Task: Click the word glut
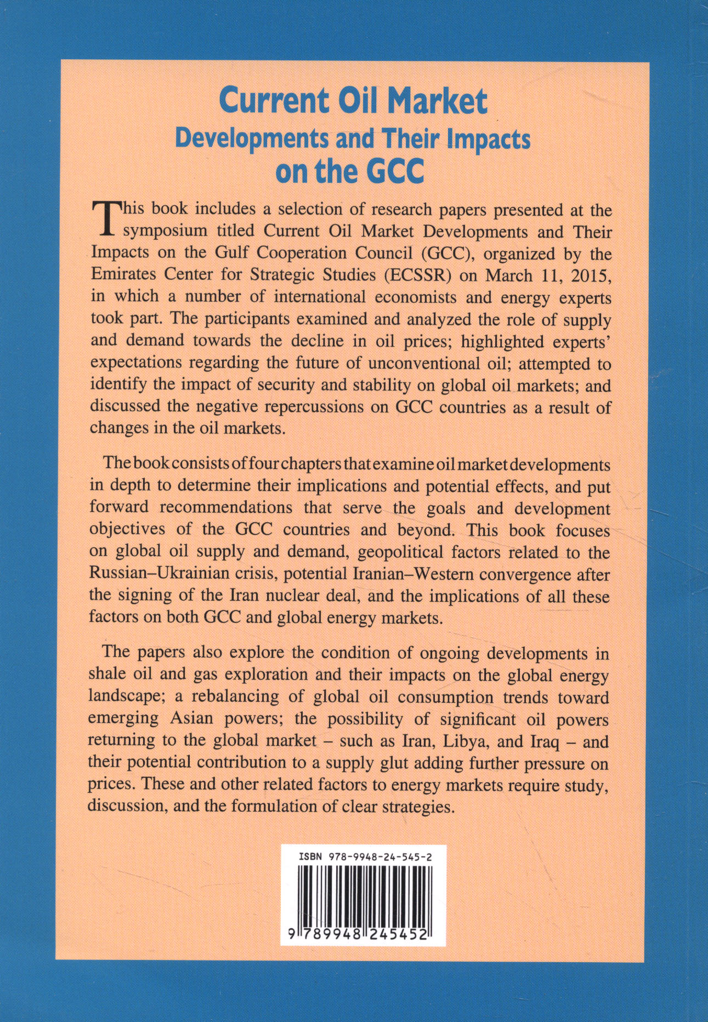tap(443, 763)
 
